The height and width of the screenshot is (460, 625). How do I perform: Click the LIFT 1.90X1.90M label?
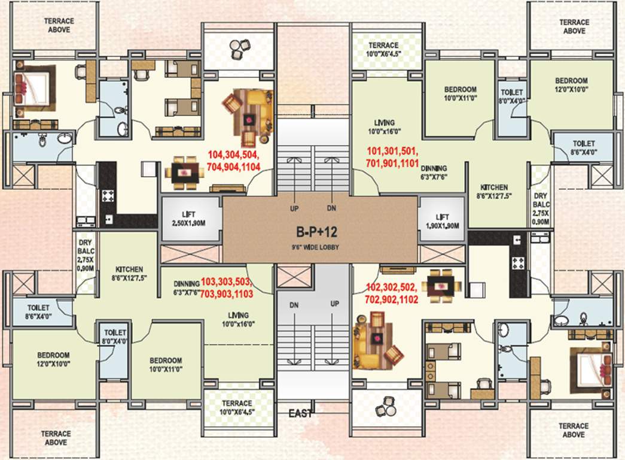pyautogui.click(x=443, y=221)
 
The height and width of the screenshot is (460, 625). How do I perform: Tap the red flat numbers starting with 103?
pyautogui.click(x=227, y=287)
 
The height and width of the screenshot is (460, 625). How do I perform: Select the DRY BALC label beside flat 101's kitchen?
pyautogui.click(x=541, y=208)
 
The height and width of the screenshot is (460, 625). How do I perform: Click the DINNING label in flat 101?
pyautogui.click(x=433, y=172)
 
